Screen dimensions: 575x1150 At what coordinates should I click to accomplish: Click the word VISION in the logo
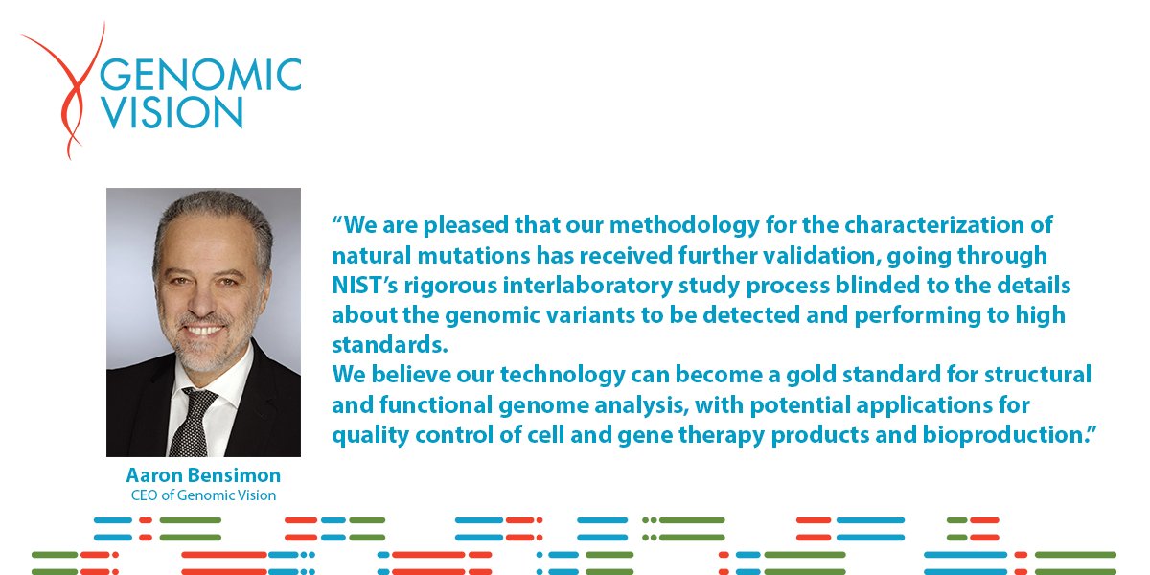tap(172, 113)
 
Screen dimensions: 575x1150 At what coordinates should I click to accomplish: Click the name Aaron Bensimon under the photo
tap(202, 476)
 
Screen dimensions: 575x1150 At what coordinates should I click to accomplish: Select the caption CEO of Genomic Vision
tap(203, 495)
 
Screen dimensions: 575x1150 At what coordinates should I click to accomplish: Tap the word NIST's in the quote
tap(365, 287)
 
